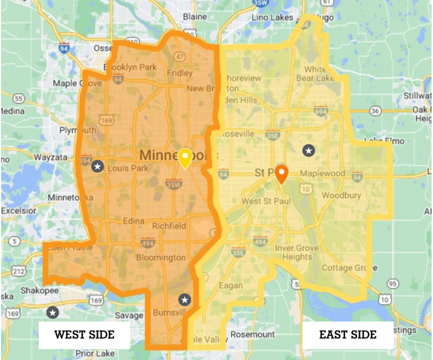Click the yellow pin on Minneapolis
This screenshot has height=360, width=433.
coord(184,158)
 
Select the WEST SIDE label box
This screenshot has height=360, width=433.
coord(84,335)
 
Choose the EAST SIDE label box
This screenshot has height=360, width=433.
coord(348,335)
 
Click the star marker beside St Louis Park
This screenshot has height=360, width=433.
coord(98,166)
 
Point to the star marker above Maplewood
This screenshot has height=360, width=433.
coord(308,150)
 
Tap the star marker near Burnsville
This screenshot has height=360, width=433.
coord(185,299)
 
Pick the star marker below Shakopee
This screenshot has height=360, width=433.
coord(53,312)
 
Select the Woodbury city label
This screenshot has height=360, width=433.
coord(341,195)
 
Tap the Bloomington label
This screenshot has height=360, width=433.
coord(161,257)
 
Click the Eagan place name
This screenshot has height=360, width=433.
coord(231,286)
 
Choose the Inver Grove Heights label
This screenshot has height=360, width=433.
coord(293,252)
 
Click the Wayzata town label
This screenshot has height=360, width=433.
coord(51,157)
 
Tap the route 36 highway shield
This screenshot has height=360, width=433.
coord(375,111)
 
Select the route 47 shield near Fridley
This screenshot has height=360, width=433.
coord(180,57)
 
